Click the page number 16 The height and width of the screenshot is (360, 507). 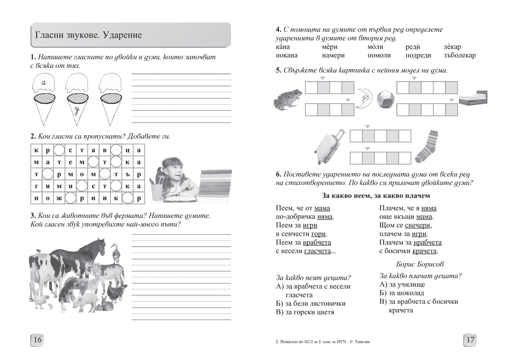(37, 340)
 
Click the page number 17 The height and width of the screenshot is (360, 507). (470, 340)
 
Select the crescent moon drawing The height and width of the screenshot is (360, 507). (365, 98)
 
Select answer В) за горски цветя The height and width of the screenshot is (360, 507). (305, 312)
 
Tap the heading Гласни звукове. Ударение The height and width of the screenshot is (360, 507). (89, 35)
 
